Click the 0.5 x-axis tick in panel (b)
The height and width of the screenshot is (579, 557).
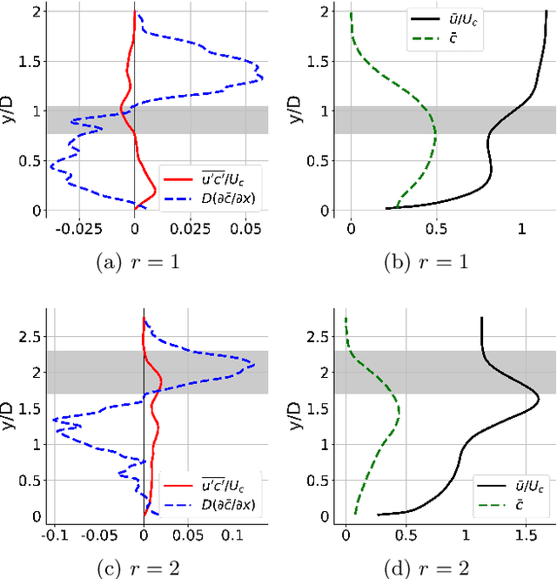click(x=436, y=227)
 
